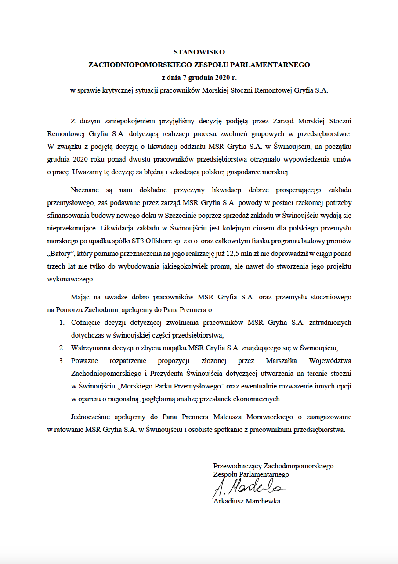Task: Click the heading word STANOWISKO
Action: click(199, 52)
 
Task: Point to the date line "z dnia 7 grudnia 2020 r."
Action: click(199, 78)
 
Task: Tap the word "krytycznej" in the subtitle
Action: click(123, 90)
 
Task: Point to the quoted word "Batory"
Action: click(63, 254)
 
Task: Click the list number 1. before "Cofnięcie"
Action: click(62, 323)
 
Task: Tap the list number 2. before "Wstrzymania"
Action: click(62, 348)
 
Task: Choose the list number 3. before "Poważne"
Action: click(62, 361)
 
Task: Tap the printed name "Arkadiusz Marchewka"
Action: click(246, 501)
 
